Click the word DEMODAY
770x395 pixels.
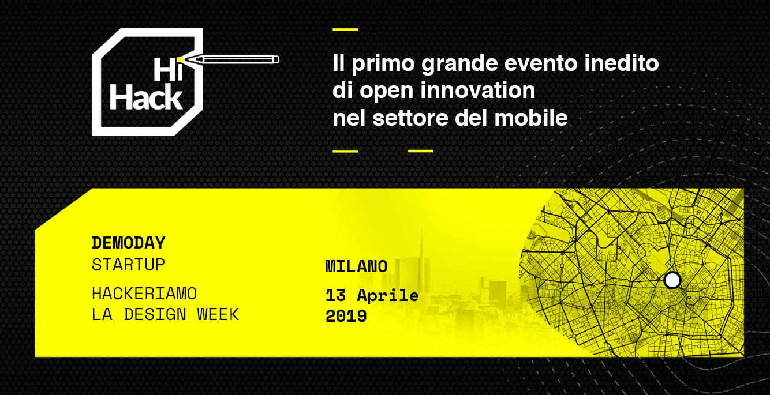[129, 243]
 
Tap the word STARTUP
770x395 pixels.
[129, 265]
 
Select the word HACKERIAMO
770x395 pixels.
[144, 294]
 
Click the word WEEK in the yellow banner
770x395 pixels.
[218, 315]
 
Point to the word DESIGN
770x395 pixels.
[155, 315]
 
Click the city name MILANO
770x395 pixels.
[357, 266]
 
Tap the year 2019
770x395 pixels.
[346, 316]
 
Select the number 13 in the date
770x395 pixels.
[335, 295]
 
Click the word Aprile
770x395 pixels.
[388, 296]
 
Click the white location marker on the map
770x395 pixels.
[672, 280]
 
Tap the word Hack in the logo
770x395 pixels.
[146, 98]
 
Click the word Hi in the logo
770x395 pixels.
[168, 69]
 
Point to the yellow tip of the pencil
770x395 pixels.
[181, 60]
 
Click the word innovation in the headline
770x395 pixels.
[477, 91]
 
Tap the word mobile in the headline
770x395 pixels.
[531, 118]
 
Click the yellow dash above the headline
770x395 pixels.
[346, 29]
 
